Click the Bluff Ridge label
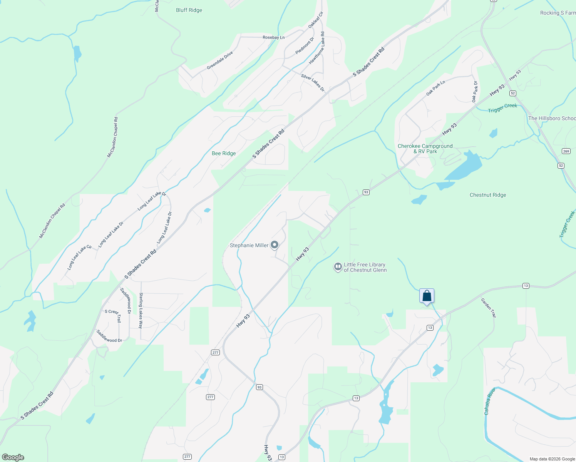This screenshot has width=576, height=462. coord(189,10)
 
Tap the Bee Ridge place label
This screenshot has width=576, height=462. coord(223,154)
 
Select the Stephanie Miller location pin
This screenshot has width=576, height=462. coord(275,245)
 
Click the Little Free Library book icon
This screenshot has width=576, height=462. coord(338,267)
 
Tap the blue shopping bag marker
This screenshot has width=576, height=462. coord(427,296)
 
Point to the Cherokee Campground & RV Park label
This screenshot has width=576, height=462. coord(425,149)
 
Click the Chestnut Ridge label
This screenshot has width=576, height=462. coord(487,195)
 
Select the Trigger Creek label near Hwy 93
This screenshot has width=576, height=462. coord(502,108)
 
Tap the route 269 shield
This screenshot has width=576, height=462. coord(566,151)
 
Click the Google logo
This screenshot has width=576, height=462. coord(13,457)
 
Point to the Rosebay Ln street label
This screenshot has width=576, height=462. coord(273,38)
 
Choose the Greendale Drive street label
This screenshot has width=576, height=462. coord(220,60)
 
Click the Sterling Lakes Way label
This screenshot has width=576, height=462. coord(141,310)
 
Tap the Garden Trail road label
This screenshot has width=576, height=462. coord(488,308)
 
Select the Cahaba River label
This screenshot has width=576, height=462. coord(489,401)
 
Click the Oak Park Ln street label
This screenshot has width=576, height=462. coord(435,88)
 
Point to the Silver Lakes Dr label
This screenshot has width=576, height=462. coord(313,83)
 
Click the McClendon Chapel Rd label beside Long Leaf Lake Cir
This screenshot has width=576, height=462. coord(52,221)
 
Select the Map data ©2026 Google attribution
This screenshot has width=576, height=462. coord(552,459)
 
